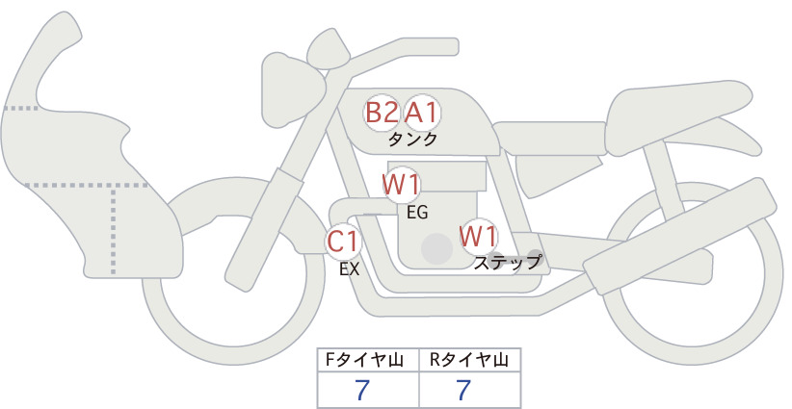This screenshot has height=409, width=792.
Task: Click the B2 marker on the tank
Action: click(382, 113)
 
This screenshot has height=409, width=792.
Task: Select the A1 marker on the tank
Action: click(422, 113)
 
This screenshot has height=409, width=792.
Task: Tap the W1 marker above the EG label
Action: click(401, 185)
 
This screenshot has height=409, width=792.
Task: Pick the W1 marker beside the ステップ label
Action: click(478, 237)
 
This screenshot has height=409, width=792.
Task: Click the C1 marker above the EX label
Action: click(343, 242)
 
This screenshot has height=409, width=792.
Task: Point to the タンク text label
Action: click(412, 140)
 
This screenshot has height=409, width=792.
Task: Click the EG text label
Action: click(417, 213)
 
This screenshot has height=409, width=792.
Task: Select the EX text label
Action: click(349, 269)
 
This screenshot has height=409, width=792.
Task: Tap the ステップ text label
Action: click(507, 263)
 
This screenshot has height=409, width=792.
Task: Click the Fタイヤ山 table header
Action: click(364, 360)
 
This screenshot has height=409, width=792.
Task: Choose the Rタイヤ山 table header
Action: click(469, 360)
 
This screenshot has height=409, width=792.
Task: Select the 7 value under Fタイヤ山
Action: click(362, 390)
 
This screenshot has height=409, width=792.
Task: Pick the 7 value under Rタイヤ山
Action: click(463, 390)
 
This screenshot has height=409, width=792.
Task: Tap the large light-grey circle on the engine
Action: click(436, 248)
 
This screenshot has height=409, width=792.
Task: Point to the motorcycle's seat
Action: click(679, 116)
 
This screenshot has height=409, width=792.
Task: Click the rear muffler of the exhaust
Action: click(679, 236)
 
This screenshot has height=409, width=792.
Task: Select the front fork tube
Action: click(263, 229)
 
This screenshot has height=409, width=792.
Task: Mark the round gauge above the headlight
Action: click(329, 49)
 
